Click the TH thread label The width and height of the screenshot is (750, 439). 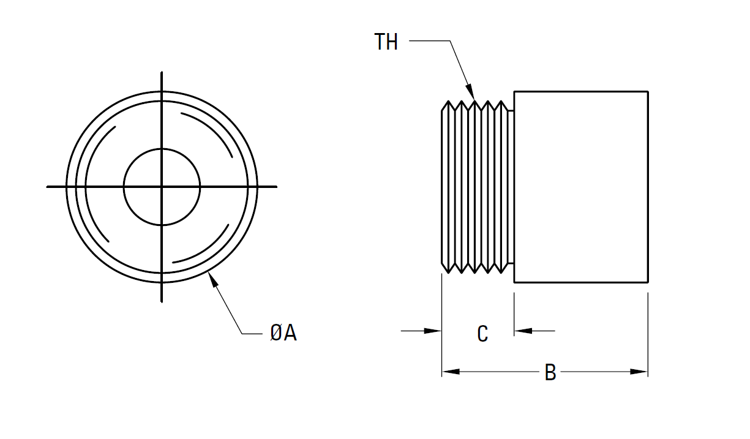pos(386,42)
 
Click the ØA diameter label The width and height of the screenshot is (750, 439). pos(283,333)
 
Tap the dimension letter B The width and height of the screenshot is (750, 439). pos(550,372)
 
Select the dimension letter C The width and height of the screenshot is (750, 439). pos(482,334)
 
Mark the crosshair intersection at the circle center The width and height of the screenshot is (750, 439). pos(162,186)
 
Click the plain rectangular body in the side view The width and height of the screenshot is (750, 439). pos(580,187)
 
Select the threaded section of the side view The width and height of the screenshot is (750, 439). pos(474,187)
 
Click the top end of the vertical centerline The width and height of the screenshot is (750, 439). pos(162,72)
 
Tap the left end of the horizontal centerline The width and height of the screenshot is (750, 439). pos(48,186)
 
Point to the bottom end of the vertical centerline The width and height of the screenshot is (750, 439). pos(162,301)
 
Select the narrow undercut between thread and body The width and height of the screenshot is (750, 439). pos(511,187)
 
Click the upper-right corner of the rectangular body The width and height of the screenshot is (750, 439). pos(648,92)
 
